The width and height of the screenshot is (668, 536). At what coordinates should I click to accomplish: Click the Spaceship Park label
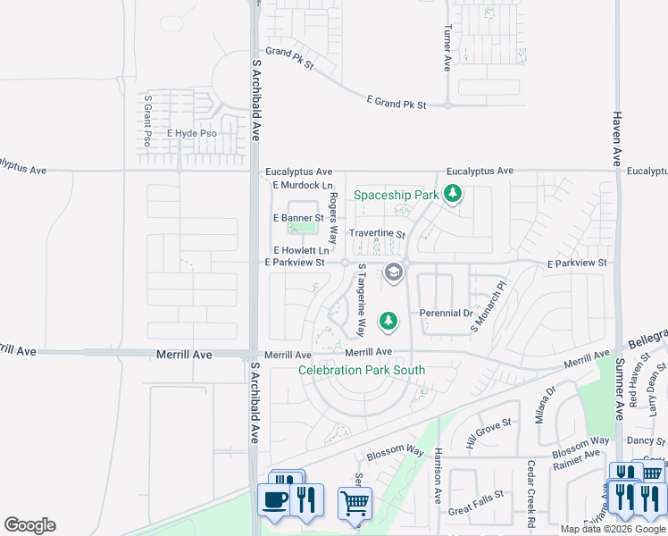[396, 195]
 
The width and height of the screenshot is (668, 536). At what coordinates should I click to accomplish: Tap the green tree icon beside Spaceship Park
[454, 193]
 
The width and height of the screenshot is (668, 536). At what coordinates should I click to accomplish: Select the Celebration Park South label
[362, 370]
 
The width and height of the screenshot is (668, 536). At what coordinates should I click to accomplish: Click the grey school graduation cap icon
[393, 273]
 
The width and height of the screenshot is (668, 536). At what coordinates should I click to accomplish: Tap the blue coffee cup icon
[274, 498]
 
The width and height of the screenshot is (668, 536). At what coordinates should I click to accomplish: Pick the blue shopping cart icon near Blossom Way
[355, 503]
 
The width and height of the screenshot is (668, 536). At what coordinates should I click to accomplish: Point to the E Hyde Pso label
[192, 133]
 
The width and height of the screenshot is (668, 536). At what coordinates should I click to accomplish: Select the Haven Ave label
[616, 139]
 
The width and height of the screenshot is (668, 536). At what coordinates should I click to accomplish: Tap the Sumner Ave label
[618, 389]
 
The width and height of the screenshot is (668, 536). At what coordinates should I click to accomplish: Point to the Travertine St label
[377, 234]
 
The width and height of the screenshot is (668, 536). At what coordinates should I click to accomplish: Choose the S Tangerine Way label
[362, 300]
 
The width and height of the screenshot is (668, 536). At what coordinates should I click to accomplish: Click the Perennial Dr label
[446, 314]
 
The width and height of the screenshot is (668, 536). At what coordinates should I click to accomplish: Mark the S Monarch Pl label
[488, 309]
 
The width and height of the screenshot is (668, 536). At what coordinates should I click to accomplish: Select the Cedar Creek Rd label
[530, 492]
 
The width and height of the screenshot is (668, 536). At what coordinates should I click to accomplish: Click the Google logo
[29, 525]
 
